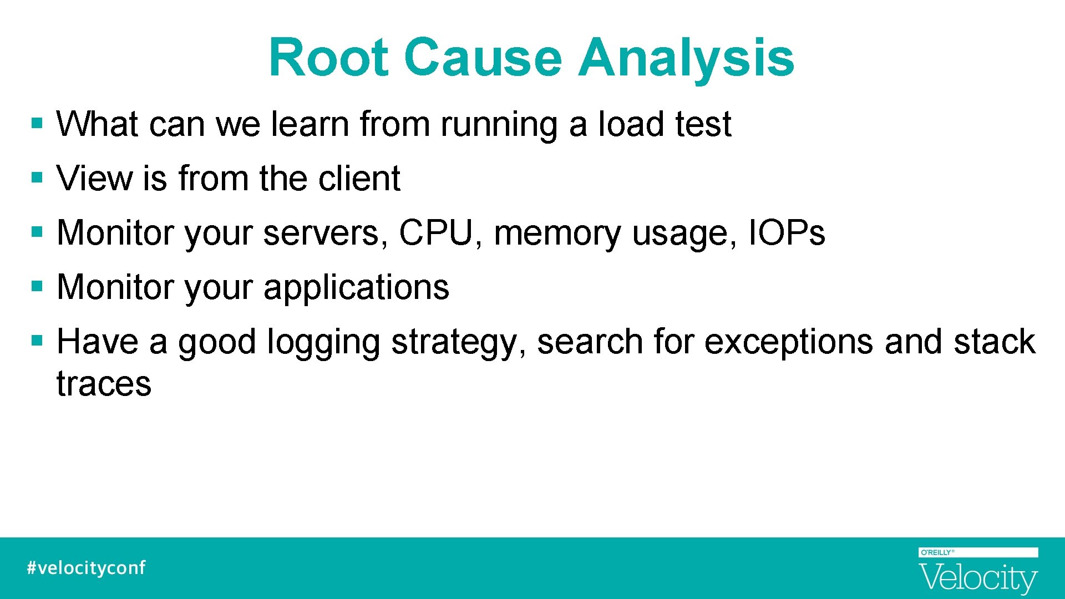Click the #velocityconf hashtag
(86, 568)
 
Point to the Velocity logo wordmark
(978, 578)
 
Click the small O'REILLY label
(937, 552)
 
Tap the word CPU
(435, 232)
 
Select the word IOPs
(786, 232)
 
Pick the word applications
(356, 288)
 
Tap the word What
(97, 124)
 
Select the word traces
(104, 384)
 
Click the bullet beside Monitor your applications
(37, 287)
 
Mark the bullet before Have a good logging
(37, 340)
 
